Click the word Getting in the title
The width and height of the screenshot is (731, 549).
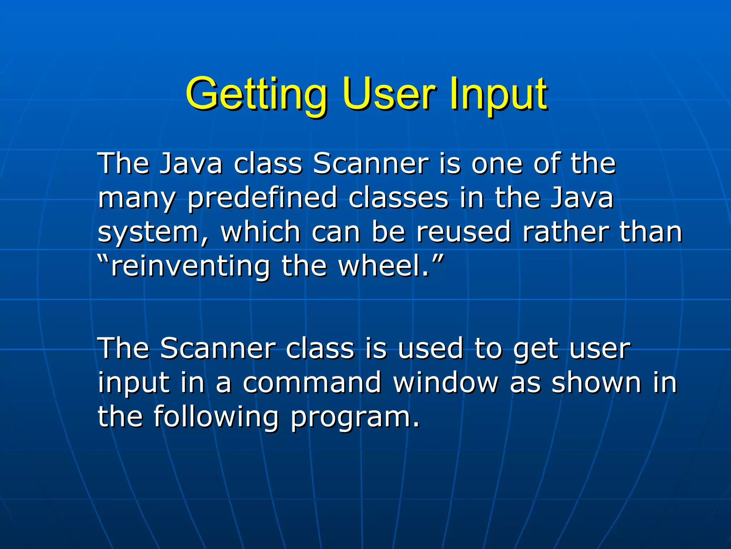tap(256, 94)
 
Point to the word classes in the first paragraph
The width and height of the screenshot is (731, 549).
tap(398, 198)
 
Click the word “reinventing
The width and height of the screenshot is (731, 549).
tap(184, 267)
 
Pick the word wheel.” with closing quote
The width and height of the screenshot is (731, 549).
tap(391, 266)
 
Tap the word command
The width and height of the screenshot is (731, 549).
tap(312, 382)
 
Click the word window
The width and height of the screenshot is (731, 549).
tap(445, 382)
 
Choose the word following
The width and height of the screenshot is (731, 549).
tap(216, 417)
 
